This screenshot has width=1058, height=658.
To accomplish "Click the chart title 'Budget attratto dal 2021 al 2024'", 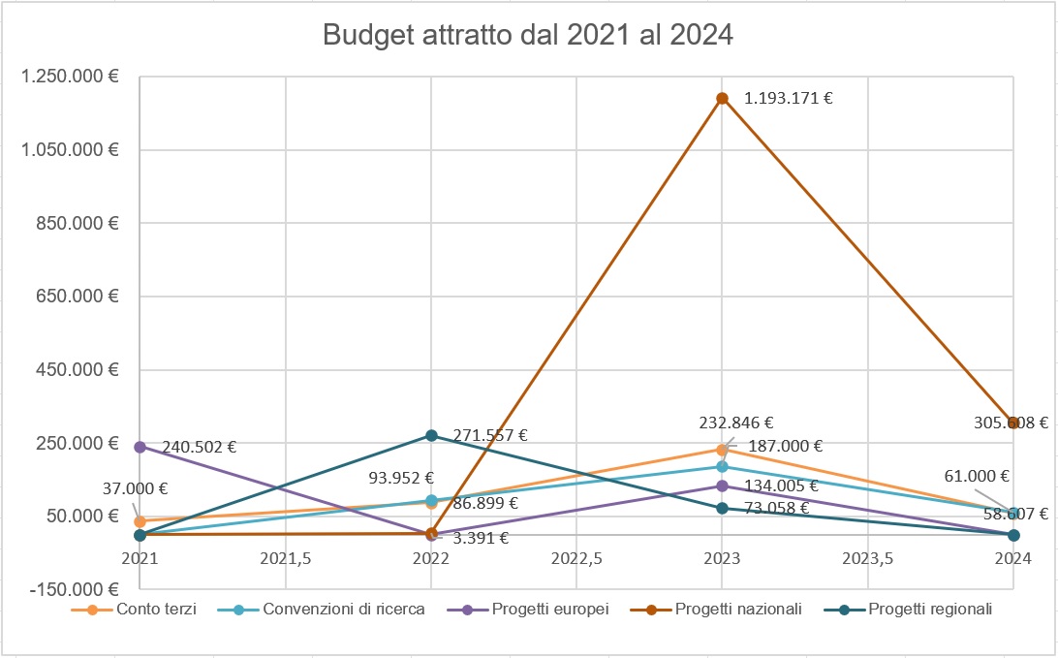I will pos(528,36).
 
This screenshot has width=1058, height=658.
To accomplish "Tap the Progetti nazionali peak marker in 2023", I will pos(722,98).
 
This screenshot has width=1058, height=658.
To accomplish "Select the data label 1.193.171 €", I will pos(788,98).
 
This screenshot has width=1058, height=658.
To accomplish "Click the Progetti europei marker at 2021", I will pos(140,447).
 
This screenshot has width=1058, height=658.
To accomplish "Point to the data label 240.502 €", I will pos(200,448).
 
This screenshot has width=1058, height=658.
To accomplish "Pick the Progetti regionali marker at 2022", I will pos(431,435).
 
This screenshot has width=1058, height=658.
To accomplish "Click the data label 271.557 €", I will pos(490,435).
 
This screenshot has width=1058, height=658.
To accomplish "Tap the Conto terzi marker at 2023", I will pos(722,450).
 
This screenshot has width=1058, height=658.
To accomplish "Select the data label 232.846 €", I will pos(736,423).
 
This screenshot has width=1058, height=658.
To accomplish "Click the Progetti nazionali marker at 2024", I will pos(1013,423).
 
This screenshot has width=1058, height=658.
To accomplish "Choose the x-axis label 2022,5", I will pos(576,558).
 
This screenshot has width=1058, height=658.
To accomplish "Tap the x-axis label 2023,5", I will pos(867,558).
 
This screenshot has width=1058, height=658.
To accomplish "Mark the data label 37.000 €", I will pos(135,489).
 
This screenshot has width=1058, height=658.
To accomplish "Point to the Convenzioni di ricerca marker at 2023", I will pos(722,467).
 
